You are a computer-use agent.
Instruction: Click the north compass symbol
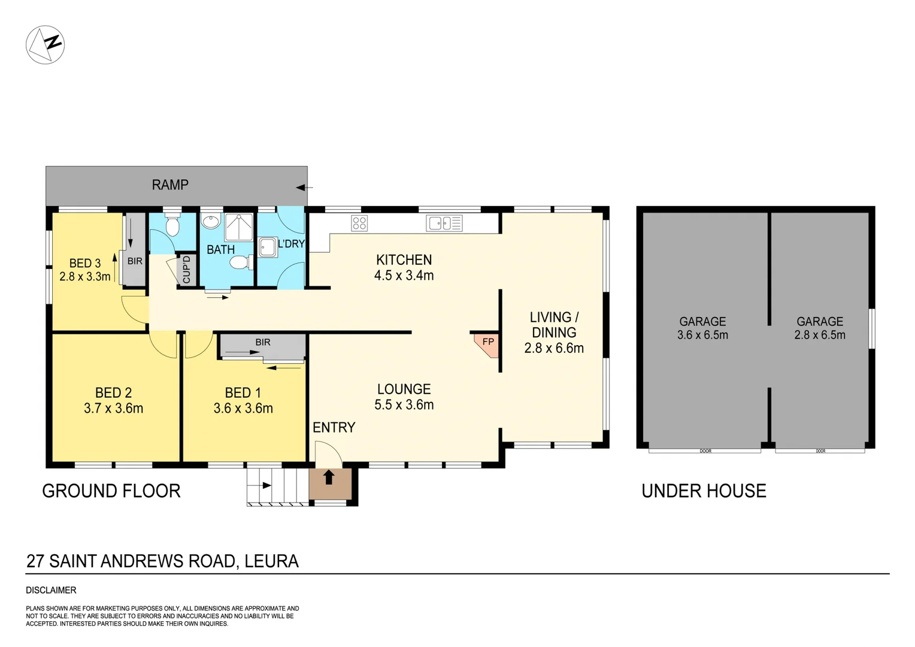(45, 45)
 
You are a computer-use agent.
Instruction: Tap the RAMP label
(170, 185)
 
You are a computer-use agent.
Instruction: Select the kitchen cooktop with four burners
(359, 223)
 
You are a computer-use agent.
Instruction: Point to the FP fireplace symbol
(487, 344)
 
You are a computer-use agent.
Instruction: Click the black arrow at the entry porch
(329, 477)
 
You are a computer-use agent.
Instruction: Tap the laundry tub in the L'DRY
(268, 247)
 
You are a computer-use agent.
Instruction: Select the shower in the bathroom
(238, 226)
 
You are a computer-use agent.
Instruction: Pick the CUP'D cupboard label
(186, 270)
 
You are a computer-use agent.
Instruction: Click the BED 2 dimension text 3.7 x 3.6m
(113, 409)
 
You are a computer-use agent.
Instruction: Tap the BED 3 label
(85, 263)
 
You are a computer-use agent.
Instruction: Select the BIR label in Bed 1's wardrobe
(263, 342)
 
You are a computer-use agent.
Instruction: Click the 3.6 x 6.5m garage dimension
(702, 335)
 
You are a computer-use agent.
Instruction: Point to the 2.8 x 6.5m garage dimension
(820, 335)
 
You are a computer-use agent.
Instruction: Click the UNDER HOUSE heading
(704, 491)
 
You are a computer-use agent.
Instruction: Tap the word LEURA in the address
(271, 561)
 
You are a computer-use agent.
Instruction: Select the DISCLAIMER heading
(51, 590)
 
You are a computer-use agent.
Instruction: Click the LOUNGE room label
(404, 389)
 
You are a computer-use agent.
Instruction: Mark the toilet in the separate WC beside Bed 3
(172, 226)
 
